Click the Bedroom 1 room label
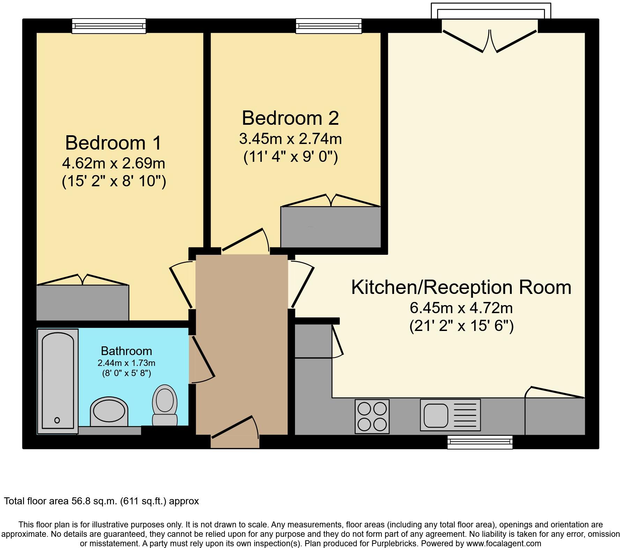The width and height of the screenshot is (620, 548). pyautogui.click(x=113, y=143)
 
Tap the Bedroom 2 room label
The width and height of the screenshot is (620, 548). pyautogui.click(x=290, y=118)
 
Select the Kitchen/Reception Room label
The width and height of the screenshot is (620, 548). pyautogui.click(x=461, y=287)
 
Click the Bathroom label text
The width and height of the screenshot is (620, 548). pyautogui.click(x=126, y=351)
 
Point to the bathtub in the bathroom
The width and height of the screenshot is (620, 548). pyautogui.click(x=58, y=381)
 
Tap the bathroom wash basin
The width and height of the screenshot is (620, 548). pyautogui.click(x=109, y=411)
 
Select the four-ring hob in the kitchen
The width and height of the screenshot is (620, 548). pyautogui.click(x=372, y=416)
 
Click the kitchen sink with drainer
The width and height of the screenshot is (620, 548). pyautogui.click(x=450, y=415)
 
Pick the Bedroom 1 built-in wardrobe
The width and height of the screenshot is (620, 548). pyautogui.click(x=83, y=303)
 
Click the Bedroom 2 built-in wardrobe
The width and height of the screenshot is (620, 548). pyautogui.click(x=331, y=227)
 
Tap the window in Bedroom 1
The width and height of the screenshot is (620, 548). pyautogui.click(x=109, y=26)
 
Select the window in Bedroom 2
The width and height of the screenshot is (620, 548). pyautogui.click(x=329, y=26)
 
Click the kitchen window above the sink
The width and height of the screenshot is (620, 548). pyautogui.click(x=480, y=442)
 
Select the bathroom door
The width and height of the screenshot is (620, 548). pyautogui.click(x=202, y=360)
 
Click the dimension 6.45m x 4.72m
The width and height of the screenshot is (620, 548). pyautogui.click(x=461, y=308)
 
